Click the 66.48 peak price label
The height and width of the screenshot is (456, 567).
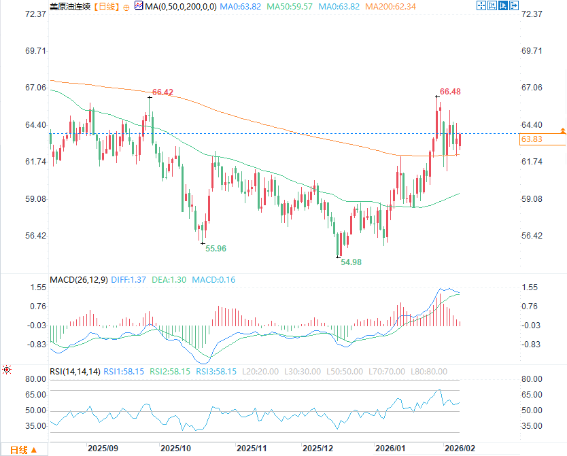(x=450, y=92)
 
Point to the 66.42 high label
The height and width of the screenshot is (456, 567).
(x=162, y=92)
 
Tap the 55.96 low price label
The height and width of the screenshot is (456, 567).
(x=216, y=249)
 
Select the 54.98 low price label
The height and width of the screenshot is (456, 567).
(x=351, y=262)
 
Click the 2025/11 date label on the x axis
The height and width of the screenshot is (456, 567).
(x=251, y=449)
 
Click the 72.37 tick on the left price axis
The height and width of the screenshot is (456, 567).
(x=33, y=14)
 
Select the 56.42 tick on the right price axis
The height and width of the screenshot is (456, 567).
(x=531, y=236)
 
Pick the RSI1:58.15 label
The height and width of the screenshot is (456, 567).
(x=124, y=372)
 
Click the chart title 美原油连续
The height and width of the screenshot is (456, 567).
(x=69, y=6)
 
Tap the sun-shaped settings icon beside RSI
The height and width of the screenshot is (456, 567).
(x=7, y=370)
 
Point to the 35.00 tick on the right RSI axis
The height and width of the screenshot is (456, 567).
(x=531, y=426)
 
